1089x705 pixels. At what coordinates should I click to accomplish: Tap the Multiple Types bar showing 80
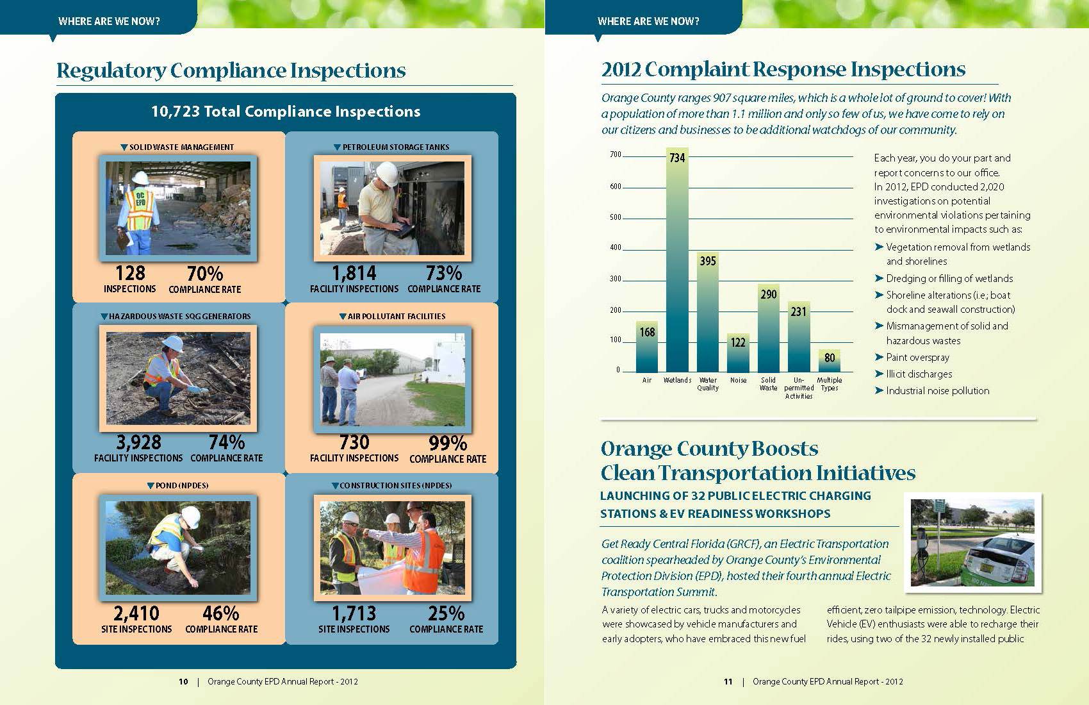coord(830,361)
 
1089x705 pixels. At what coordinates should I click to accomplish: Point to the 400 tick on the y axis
coord(615,247)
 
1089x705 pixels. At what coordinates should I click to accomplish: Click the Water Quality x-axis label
coord(708,384)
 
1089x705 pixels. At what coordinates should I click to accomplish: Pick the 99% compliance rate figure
coord(448,443)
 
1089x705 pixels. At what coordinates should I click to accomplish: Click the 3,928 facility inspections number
coord(138,442)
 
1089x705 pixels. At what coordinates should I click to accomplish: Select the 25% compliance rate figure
coord(446,613)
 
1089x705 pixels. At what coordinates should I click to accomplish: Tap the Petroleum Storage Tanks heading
coord(395,147)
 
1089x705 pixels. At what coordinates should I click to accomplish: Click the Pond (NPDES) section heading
coord(182,486)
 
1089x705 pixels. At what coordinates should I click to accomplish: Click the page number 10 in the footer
coord(183,682)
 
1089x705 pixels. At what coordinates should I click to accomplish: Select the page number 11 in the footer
coord(728,682)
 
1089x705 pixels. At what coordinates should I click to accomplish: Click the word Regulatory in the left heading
coord(111,70)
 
